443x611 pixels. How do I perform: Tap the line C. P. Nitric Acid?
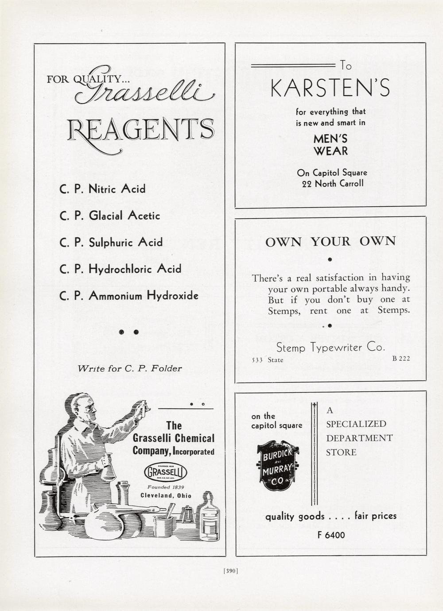click(x=102, y=189)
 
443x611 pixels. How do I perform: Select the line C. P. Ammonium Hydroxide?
click(x=129, y=295)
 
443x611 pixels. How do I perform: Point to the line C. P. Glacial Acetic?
click(x=109, y=216)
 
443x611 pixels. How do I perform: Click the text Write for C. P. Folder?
click(x=129, y=368)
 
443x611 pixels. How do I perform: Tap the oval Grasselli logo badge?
click(x=166, y=472)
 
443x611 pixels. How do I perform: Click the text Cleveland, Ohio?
click(x=166, y=495)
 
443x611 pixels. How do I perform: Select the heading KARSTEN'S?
click(x=330, y=89)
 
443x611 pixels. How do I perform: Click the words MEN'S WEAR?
click(x=330, y=145)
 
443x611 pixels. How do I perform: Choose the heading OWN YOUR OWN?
click(x=330, y=241)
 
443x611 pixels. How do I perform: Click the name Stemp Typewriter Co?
click(x=330, y=348)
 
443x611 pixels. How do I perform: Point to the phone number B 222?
click(x=401, y=359)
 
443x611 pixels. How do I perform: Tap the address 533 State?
click(x=268, y=360)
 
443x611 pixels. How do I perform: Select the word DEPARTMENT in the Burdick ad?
click(x=359, y=438)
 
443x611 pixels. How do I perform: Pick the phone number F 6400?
click(x=331, y=535)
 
